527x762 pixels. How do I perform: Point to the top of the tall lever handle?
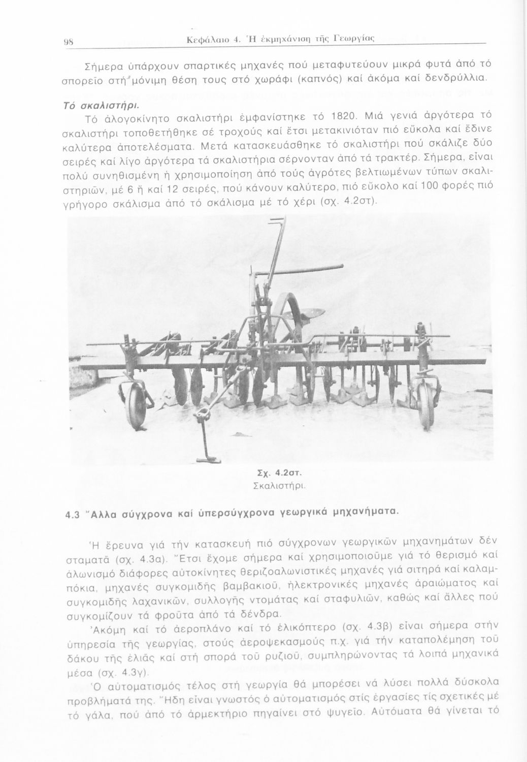click(278, 220)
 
